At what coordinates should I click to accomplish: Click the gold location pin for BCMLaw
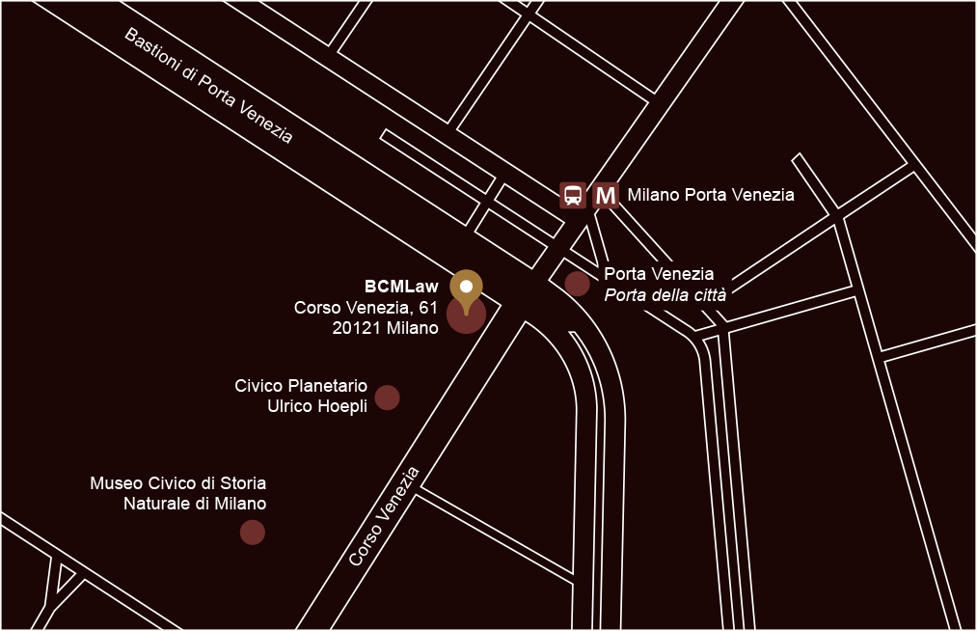(467, 290)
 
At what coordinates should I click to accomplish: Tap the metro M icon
(606, 196)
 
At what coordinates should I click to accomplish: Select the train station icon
(573, 196)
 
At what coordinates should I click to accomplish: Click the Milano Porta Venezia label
(711, 196)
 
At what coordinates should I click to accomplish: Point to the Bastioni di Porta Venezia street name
(208, 86)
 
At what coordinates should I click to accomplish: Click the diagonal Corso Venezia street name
(385, 517)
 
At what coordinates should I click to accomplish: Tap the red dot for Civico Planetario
(387, 398)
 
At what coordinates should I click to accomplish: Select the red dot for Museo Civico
(252, 532)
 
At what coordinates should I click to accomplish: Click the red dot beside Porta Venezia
(577, 284)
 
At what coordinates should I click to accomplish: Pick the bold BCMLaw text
(401, 287)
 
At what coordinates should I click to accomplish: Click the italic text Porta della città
(665, 295)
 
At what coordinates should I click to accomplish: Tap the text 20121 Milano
(385, 329)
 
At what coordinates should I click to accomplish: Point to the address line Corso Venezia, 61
(366, 308)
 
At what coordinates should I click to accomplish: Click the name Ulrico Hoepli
(317, 407)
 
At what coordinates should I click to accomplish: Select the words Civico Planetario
(301, 386)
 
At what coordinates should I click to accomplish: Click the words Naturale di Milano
(195, 504)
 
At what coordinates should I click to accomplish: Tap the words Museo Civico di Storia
(178, 482)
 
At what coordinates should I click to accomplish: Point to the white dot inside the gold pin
(467, 287)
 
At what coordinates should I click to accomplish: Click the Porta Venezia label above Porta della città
(659, 274)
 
